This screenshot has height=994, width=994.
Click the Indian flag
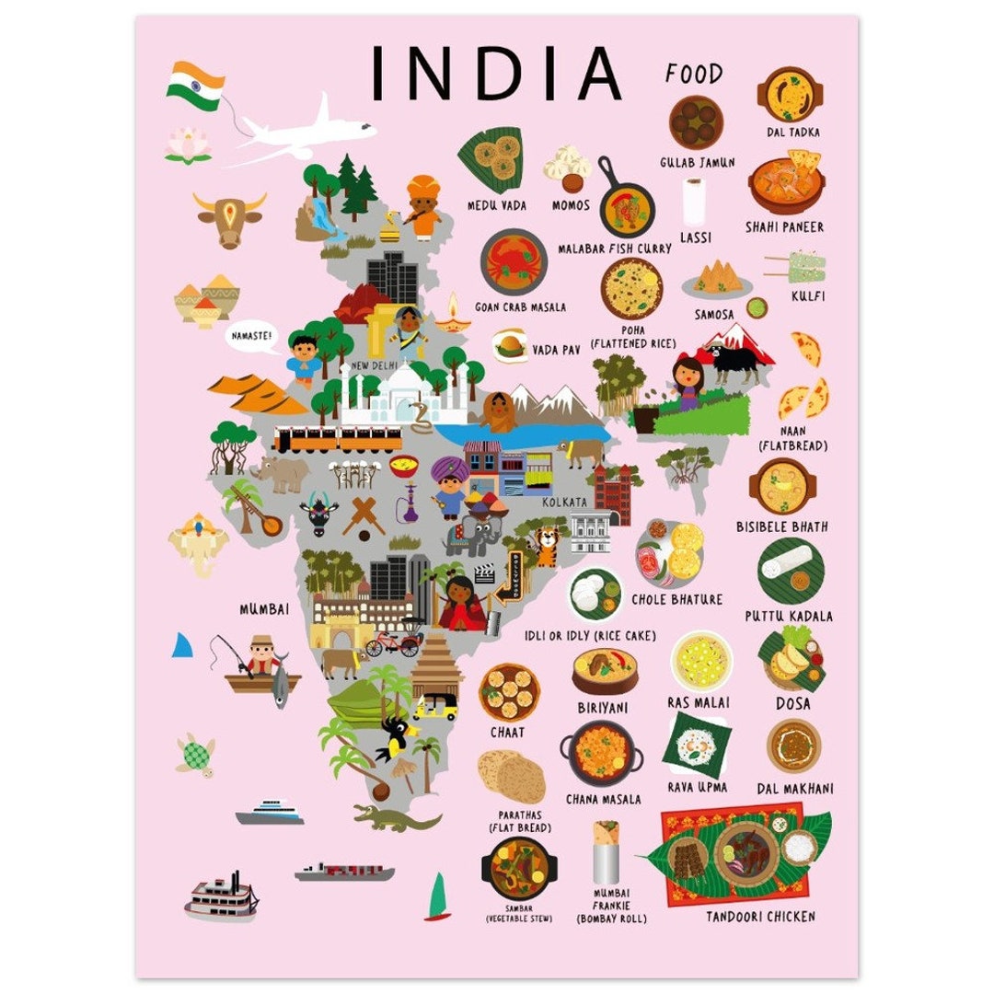pos(196,86)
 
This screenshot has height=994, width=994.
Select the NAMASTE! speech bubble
pos(251,338)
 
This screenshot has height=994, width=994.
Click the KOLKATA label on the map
pos(564,503)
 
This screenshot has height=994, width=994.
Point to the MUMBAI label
pos(264,608)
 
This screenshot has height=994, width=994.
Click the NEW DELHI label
pos(374,365)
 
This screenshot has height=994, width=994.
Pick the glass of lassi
pos(695,202)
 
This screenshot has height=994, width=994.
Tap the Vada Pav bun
pos(509,346)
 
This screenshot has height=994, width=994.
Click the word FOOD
pos(694,74)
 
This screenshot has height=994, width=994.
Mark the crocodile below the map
pos(396,817)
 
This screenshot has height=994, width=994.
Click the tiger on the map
pos(548,546)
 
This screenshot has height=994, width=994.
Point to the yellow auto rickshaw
pos(435,707)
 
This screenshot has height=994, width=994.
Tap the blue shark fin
pos(184,646)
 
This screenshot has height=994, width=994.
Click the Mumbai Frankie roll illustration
pos(606,852)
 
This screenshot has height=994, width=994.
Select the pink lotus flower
pos(188,145)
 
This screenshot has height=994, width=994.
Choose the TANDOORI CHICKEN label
pos(760,917)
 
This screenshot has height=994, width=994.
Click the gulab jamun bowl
pos(696,121)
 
